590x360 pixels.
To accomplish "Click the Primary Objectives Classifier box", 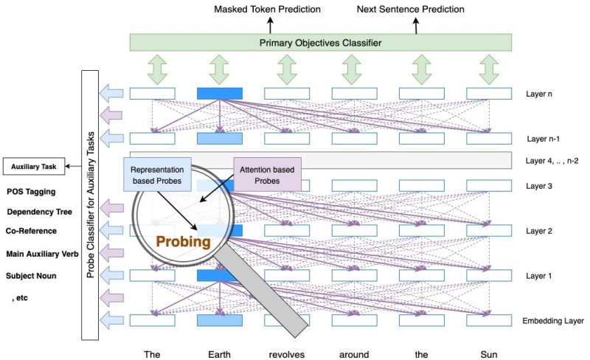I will [321, 43].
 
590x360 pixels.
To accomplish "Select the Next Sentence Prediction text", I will [411, 10].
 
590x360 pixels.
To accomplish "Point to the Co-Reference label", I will [32, 231].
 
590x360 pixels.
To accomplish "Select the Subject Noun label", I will [32, 276].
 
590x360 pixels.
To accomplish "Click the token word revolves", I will [287, 354].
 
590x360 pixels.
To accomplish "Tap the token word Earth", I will [220, 354].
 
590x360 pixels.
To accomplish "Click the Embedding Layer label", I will [553, 321].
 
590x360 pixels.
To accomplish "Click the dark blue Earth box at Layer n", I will [220, 94].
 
